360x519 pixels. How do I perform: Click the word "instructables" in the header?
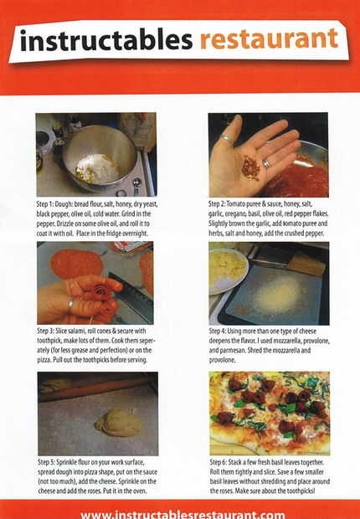106,40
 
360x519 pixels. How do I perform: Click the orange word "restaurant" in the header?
269,39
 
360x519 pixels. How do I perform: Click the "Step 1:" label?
45,204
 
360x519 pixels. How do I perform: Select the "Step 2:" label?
218,204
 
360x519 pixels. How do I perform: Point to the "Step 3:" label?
46,331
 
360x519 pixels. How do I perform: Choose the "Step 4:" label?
218,331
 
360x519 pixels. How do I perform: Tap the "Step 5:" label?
47,462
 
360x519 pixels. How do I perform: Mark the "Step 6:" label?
219,462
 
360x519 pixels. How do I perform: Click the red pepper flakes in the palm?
250,168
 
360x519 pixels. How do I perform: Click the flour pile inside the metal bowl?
97,168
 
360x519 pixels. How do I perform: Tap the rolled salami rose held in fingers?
101,292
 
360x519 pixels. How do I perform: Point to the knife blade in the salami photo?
131,297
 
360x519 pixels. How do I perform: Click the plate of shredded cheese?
228,270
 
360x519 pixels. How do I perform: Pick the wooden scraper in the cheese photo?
306,265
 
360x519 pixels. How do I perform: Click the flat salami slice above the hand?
76,264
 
